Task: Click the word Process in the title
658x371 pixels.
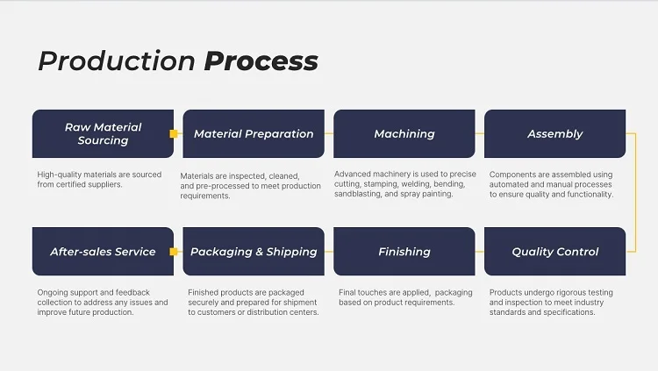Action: (261, 61)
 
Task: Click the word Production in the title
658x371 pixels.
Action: (117, 61)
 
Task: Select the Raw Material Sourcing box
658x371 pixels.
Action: (103, 134)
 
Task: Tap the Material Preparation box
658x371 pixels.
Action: (254, 134)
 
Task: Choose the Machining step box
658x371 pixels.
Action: (404, 134)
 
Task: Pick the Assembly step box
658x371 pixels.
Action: (554, 134)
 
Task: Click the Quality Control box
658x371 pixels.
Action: (554, 252)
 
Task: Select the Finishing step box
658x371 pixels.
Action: (404, 252)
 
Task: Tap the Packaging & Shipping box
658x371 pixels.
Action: (254, 252)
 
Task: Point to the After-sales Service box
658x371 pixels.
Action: (103, 252)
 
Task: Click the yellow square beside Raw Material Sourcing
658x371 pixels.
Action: (174, 134)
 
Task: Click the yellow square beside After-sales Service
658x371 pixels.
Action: (174, 252)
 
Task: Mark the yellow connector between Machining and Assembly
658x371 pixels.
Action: (480, 134)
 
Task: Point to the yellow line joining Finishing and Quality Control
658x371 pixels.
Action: (480, 252)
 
